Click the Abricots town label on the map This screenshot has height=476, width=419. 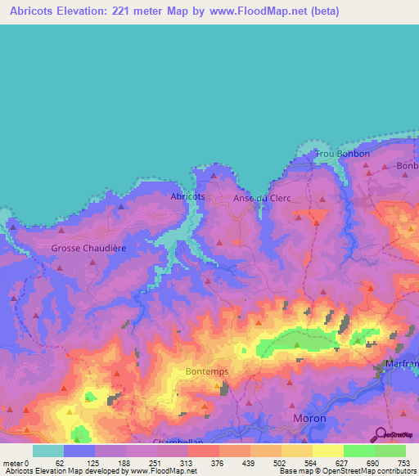pos(187,197)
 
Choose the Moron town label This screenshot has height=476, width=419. pos(309,418)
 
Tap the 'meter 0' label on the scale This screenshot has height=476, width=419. pos(16,462)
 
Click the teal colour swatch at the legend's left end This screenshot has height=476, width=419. pos(48,451)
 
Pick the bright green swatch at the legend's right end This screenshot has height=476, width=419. pos(390,451)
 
